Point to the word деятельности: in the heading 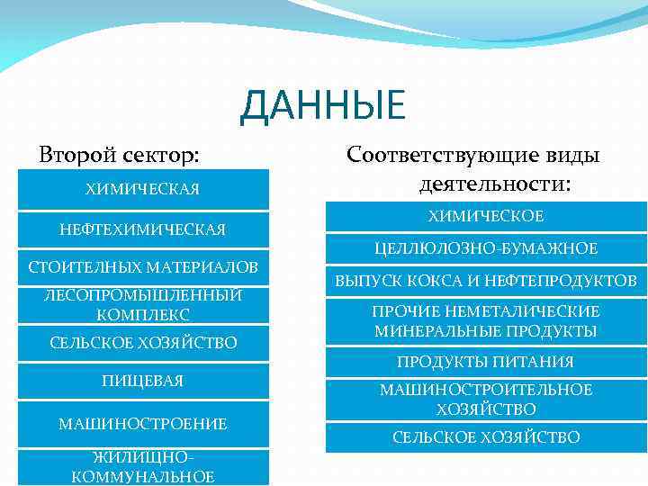[x=494, y=184]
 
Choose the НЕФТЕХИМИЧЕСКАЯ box [x=142, y=229]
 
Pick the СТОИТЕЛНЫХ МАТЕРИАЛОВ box [x=142, y=267]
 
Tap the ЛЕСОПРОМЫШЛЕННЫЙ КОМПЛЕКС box [x=142, y=306]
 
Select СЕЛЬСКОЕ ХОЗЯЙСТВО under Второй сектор [x=142, y=343]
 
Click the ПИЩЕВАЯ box [x=142, y=381]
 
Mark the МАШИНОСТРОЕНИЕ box [x=142, y=423]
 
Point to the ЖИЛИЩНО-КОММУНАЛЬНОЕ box [x=142, y=467]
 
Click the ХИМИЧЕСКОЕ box [x=485, y=217]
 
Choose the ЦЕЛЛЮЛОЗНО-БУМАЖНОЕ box [x=485, y=247]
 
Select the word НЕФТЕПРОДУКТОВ [x=565, y=282]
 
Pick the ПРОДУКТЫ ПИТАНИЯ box [x=485, y=362]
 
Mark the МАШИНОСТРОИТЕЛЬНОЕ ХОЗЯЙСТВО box [x=485, y=400]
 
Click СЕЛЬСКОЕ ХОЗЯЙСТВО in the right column [x=485, y=437]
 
